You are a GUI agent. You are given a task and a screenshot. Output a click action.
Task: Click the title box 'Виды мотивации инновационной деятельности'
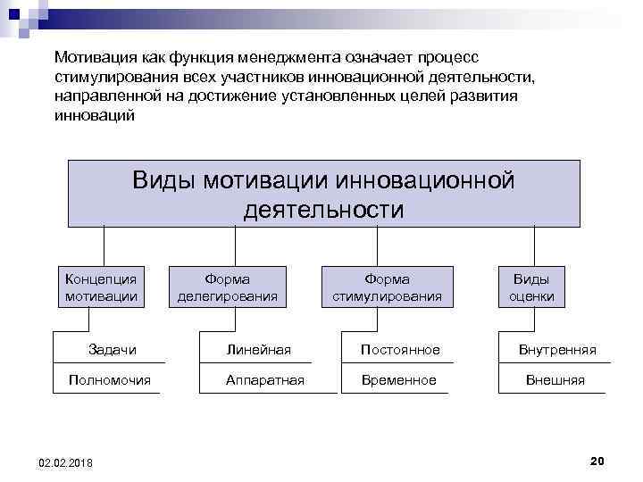[323, 194]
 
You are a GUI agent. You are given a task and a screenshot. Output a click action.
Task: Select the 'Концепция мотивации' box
[101, 287]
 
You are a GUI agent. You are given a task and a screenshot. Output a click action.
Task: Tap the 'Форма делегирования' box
[227, 287]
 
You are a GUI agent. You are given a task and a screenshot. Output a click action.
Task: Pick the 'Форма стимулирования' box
[387, 287]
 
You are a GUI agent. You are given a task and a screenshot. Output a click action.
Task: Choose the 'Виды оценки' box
[531, 287]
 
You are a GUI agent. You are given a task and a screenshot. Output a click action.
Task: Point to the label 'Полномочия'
[109, 380]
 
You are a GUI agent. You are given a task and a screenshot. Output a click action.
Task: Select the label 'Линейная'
[258, 349]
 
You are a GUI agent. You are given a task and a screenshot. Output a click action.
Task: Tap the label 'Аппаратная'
[265, 380]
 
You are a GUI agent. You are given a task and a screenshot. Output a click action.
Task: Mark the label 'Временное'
[398, 380]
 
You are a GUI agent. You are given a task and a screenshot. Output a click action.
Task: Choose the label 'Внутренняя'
[557, 349]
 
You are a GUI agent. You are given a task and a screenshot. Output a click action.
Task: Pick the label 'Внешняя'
[555, 380]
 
